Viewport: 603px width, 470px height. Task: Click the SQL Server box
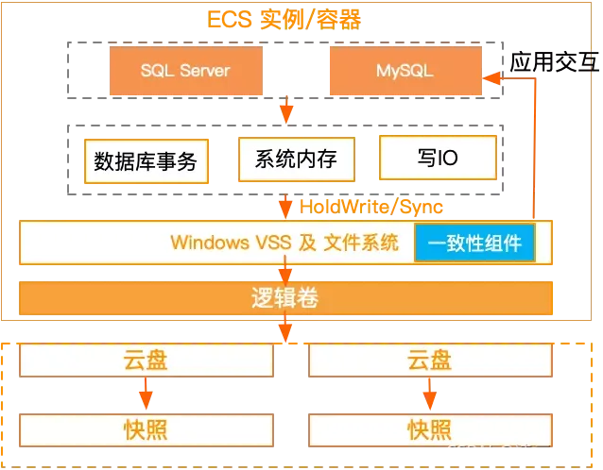point(185,71)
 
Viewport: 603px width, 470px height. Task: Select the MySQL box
point(404,71)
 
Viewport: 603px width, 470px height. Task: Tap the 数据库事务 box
point(146,161)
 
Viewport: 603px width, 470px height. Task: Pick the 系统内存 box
point(296,159)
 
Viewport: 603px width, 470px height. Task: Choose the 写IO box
point(438,158)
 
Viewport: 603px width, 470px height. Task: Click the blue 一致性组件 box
point(474,243)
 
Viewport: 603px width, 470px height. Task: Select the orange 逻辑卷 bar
point(284,299)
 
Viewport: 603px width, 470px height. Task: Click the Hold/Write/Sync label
point(370,206)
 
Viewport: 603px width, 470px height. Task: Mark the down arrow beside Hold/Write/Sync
point(284,206)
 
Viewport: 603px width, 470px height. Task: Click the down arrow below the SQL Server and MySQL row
point(285,111)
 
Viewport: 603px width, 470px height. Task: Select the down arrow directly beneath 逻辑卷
point(284,328)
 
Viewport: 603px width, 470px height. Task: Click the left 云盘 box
point(146,360)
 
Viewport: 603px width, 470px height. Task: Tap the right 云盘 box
point(429,360)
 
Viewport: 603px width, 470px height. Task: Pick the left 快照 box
point(146,429)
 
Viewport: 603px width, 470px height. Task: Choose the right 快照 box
point(429,429)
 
